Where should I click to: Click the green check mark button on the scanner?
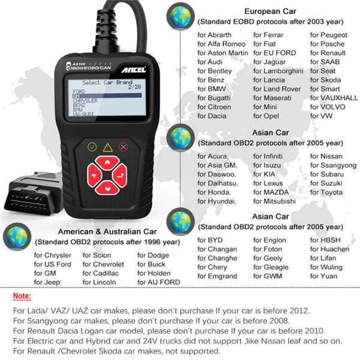[x=92, y=146]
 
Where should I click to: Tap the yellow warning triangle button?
[x=108, y=146]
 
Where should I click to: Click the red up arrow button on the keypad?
[x=107, y=162]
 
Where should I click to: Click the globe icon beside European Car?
[x=179, y=17]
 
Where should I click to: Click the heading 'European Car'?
[x=269, y=11]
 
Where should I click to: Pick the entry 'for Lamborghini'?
[x=278, y=71]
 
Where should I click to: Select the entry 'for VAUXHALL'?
[x=334, y=98]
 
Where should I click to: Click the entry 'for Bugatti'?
[x=215, y=98]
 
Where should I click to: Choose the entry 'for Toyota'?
[x=326, y=193]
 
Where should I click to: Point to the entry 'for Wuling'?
[x=326, y=267]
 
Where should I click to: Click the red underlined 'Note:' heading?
[x=22, y=296]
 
